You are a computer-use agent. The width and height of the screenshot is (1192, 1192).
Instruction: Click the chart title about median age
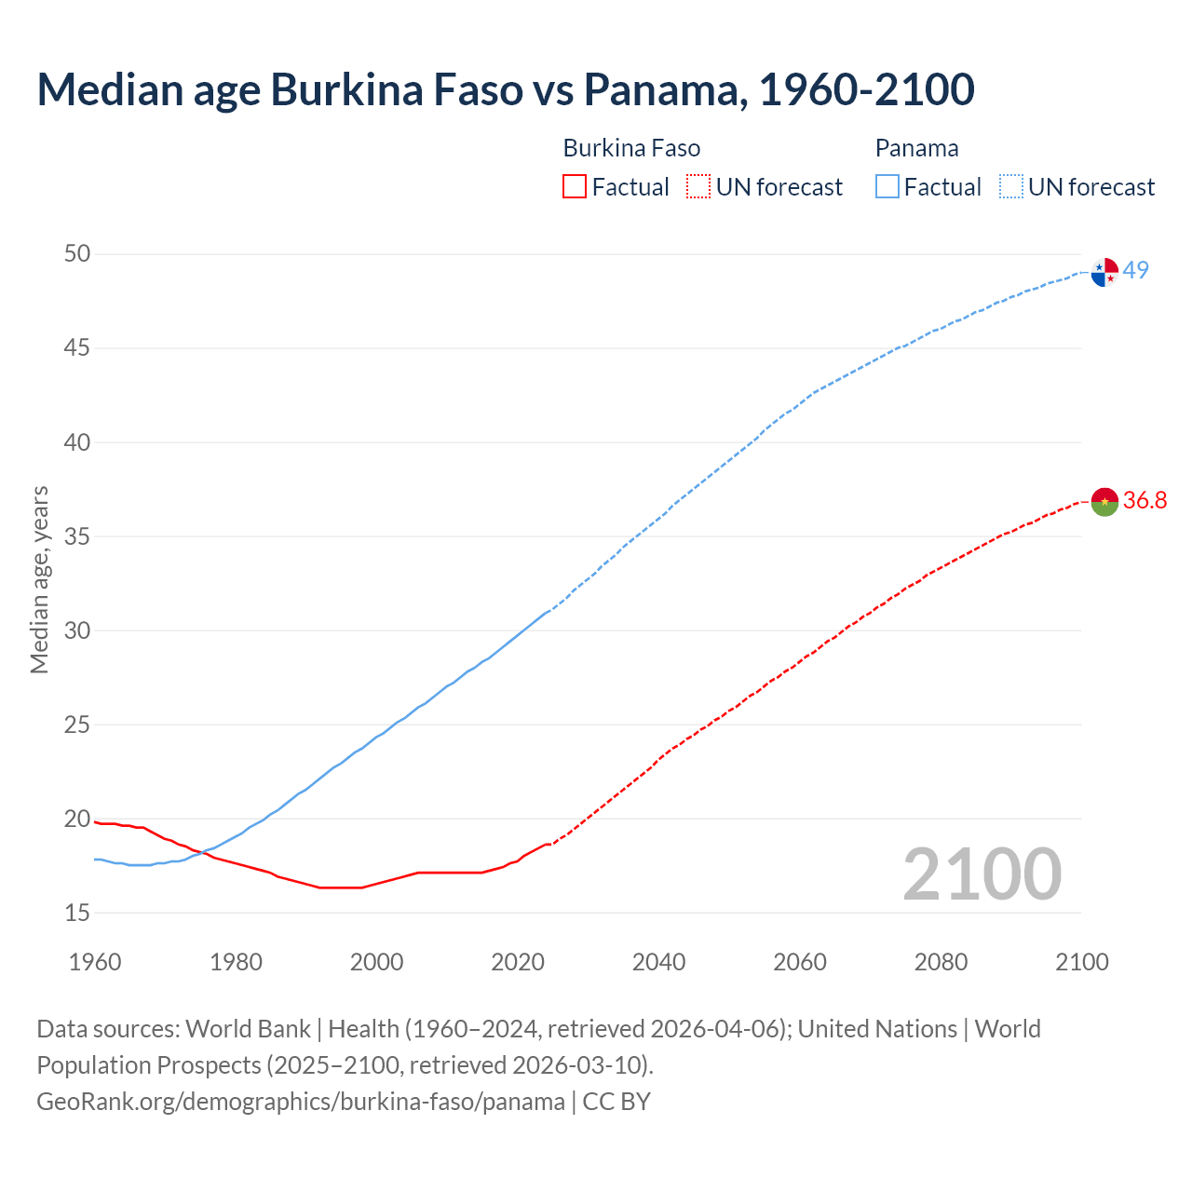tap(506, 89)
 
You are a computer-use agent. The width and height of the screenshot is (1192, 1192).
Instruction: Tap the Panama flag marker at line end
tap(1104, 272)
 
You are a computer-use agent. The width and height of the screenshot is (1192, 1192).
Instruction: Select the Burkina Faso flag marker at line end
tap(1104, 502)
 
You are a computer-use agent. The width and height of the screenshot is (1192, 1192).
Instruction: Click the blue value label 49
tap(1135, 270)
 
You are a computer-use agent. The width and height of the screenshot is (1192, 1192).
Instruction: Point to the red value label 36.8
tap(1145, 501)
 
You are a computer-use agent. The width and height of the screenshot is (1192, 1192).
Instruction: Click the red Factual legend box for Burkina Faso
tap(575, 187)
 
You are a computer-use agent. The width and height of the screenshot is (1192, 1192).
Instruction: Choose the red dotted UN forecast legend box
tap(698, 187)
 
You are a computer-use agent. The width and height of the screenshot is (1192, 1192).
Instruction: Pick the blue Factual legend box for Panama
tap(887, 187)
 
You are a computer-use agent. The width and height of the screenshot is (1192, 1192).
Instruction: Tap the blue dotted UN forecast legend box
tap(1011, 187)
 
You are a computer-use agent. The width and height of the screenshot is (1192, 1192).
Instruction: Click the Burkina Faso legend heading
tap(631, 149)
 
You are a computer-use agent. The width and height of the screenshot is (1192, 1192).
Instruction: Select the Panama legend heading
tap(916, 149)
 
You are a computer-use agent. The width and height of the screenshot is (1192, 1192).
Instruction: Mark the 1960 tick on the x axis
tap(95, 962)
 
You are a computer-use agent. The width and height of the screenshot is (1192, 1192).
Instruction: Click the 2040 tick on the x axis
tap(658, 962)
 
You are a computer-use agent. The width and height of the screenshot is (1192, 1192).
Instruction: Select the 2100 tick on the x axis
tap(1081, 962)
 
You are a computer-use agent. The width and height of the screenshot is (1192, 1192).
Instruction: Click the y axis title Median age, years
tap(39, 579)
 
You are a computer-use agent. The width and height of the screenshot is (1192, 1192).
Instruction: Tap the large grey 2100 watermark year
tap(982, 874)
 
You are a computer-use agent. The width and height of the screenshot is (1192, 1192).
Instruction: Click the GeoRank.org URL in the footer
tap(301, 1102)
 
